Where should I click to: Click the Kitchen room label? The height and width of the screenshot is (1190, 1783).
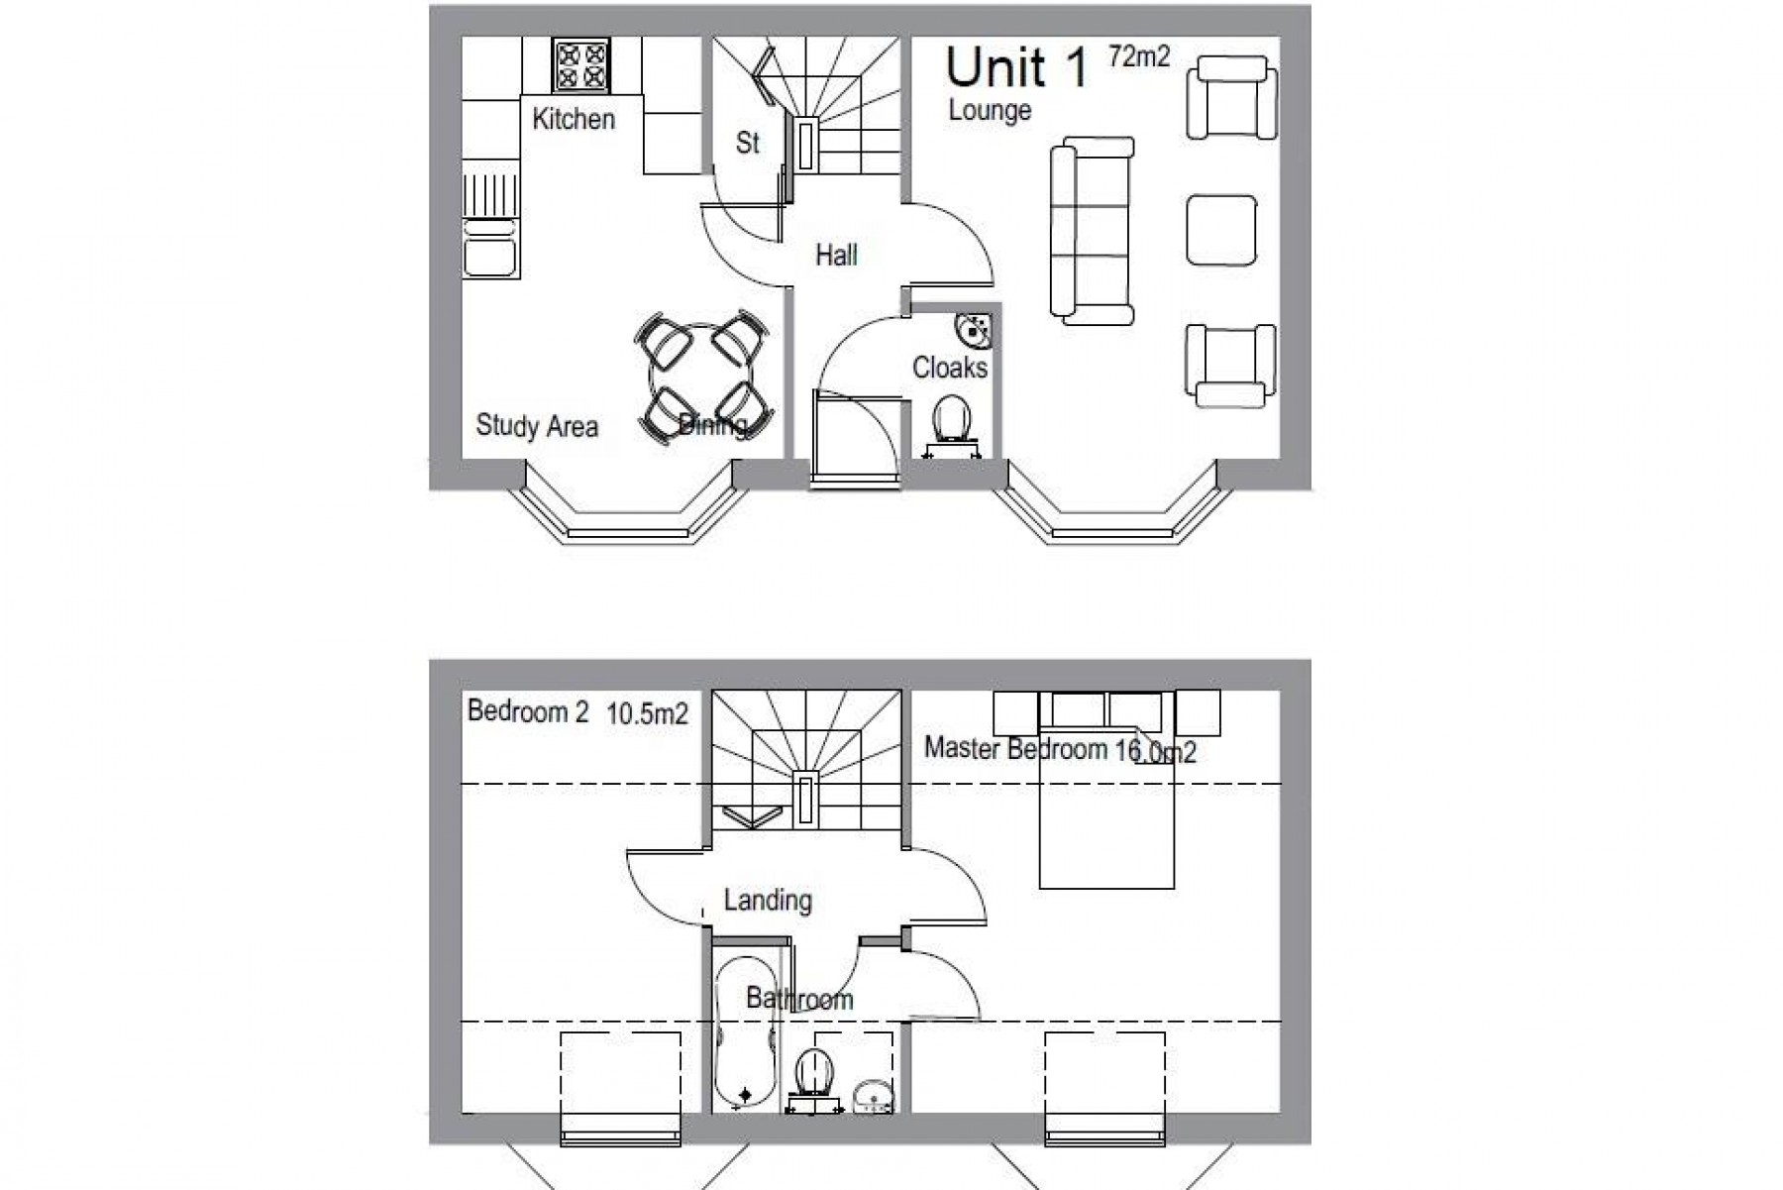574,119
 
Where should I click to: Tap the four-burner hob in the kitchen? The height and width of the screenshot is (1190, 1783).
581,64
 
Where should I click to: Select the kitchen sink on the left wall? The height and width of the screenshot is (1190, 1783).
490,247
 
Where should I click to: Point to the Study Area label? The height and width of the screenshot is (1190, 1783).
537,426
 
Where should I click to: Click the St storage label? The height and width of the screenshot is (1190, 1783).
747,144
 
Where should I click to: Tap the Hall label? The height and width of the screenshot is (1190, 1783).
836,256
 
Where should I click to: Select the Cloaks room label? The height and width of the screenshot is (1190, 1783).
950,368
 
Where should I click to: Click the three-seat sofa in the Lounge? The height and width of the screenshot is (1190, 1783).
1091,232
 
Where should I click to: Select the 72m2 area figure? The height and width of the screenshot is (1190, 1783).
1139,56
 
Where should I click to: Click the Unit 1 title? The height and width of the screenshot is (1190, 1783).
1016,67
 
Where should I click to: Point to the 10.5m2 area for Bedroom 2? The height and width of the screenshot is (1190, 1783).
647,713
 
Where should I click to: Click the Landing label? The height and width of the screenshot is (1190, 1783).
768,900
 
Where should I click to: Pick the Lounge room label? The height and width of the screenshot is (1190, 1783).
990,111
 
